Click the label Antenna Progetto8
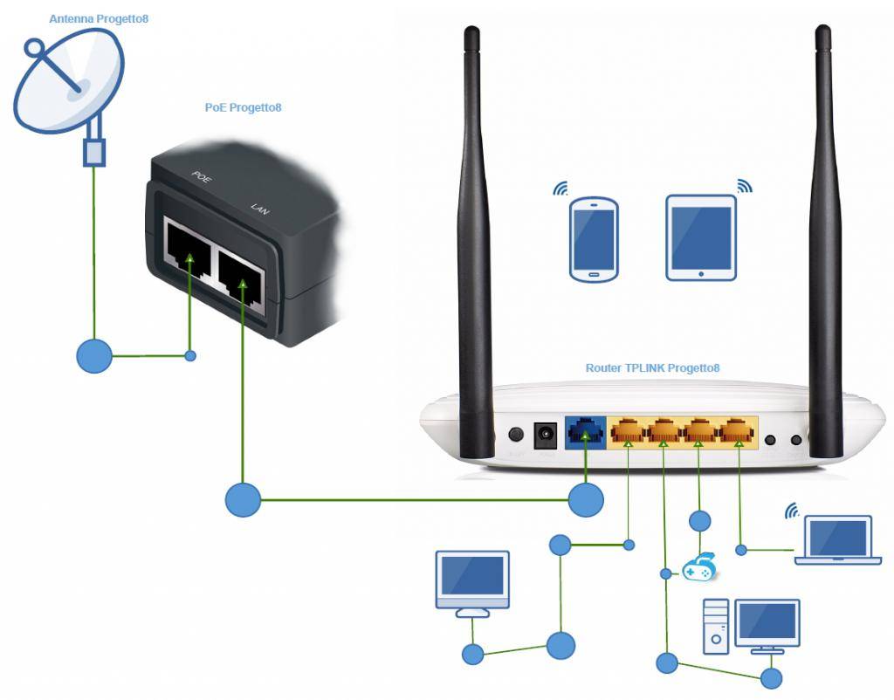pos(99,18)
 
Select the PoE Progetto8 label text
pos(243,108)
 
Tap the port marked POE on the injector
pos(189,247)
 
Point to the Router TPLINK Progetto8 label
pos(652,368)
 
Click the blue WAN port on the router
pos(584,432)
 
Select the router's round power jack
pos(547,434)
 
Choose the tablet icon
pos(701,237)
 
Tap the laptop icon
pos(838,540)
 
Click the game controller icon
pos(699,568)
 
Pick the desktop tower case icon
pos(717,627)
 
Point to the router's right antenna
pos(825,244)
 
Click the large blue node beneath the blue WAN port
pos(586,500)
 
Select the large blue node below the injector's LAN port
pos(244,500)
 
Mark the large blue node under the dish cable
pos(94,355)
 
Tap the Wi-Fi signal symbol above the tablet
pos(744,186)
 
